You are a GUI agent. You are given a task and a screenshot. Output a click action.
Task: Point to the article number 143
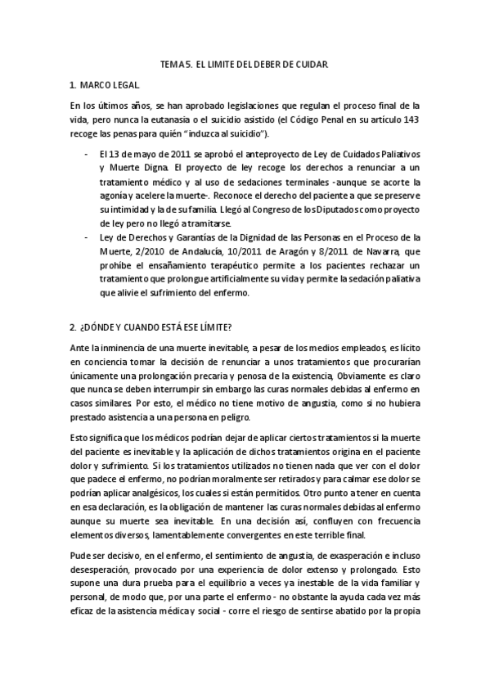click(411, 119)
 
